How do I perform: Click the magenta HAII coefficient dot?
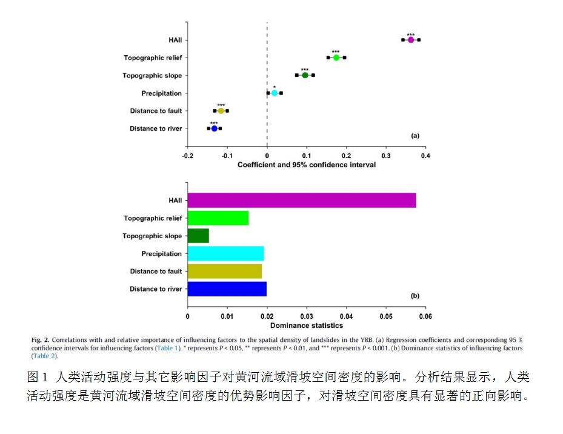click(410, 40)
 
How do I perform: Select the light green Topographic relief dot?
click(336, 58)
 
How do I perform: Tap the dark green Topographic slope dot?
click(305, 75)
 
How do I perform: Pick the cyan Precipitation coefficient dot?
click(275, 93)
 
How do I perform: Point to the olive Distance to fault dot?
click(221, 111)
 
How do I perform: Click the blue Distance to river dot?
click(214, 129)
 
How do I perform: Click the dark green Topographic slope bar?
click(198, 236)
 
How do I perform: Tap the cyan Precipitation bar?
click(225, 253)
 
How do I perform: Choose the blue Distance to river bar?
click(227, 289)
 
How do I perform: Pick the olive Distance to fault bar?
click(224, 271)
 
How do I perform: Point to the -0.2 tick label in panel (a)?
click(187, 156)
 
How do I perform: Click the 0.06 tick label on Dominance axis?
click(425, 316)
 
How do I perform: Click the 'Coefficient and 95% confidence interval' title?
click(306, 165)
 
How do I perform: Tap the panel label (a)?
click(415, 136)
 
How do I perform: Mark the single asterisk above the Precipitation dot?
click(275, 87)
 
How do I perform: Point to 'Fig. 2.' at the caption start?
click(40, 341)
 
